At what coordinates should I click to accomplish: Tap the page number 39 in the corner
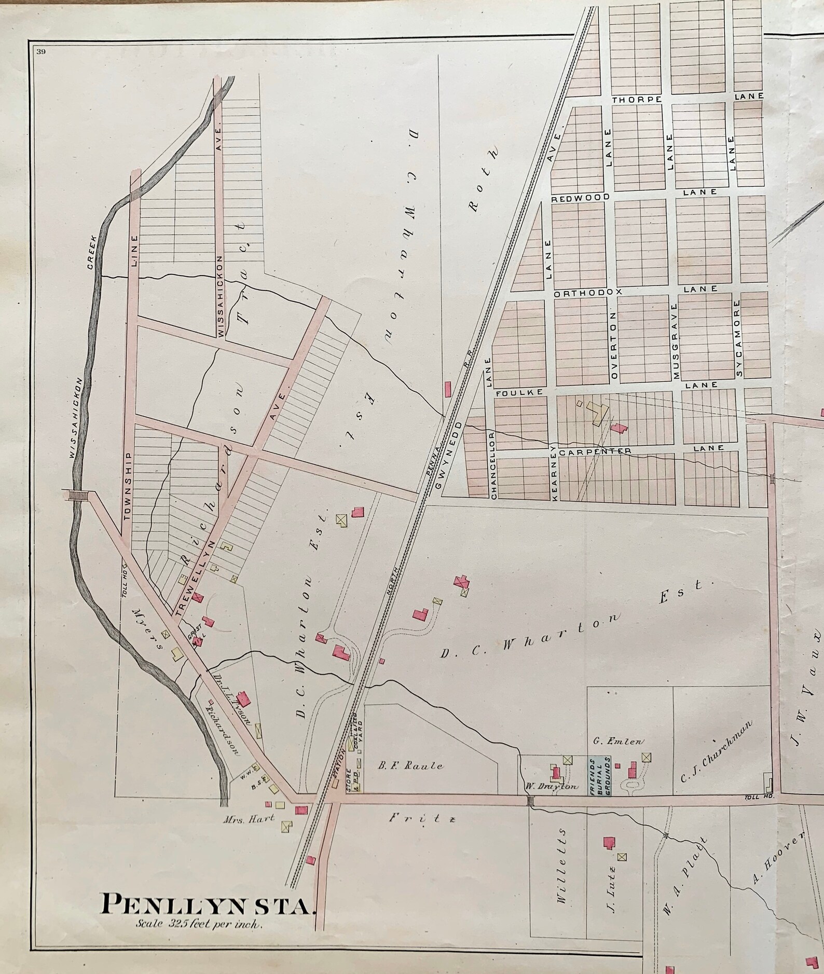click(x=41, y=50)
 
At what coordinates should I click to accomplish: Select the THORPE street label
click(x=636, y=99)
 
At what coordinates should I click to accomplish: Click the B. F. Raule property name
click(x=410, y=765)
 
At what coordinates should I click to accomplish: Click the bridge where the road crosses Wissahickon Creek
click(x=79, y=495)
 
